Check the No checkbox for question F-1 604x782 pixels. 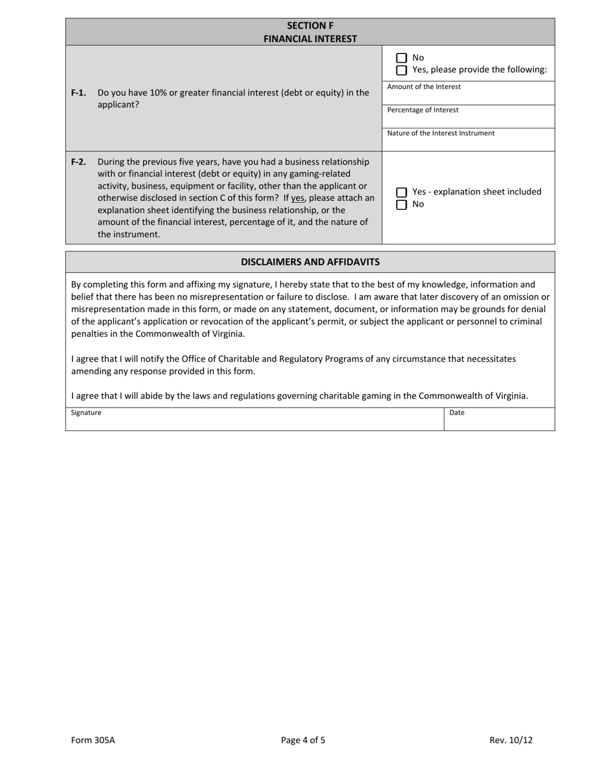[x=401, y=58]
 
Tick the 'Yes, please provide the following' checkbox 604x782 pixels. [x=401, y=70]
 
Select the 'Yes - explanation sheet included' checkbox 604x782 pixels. [x=401, y=192]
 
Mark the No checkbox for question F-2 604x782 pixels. [x=401, y=205]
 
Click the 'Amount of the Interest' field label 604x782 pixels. [x=423, y=87]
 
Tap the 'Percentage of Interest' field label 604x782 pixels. [x=422, y=110]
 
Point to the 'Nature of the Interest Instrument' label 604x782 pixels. [x=441, y=134]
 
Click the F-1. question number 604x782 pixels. [x=78, y=93]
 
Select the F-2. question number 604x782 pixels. [x=78, y=162]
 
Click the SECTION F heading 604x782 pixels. [x=310, y=26]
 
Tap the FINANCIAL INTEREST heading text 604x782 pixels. [x=310, y=39]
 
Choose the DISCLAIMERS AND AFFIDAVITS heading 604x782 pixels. [x=310, y=262]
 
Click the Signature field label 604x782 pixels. [x=86, y=413]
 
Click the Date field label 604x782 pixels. [x=456, y=413]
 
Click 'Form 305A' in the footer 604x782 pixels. [x=93, y=740]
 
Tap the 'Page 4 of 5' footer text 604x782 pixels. [x=303, y=740]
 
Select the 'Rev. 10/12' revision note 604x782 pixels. [x=511, y=740]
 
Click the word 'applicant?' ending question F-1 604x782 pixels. [x=118, y=105]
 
